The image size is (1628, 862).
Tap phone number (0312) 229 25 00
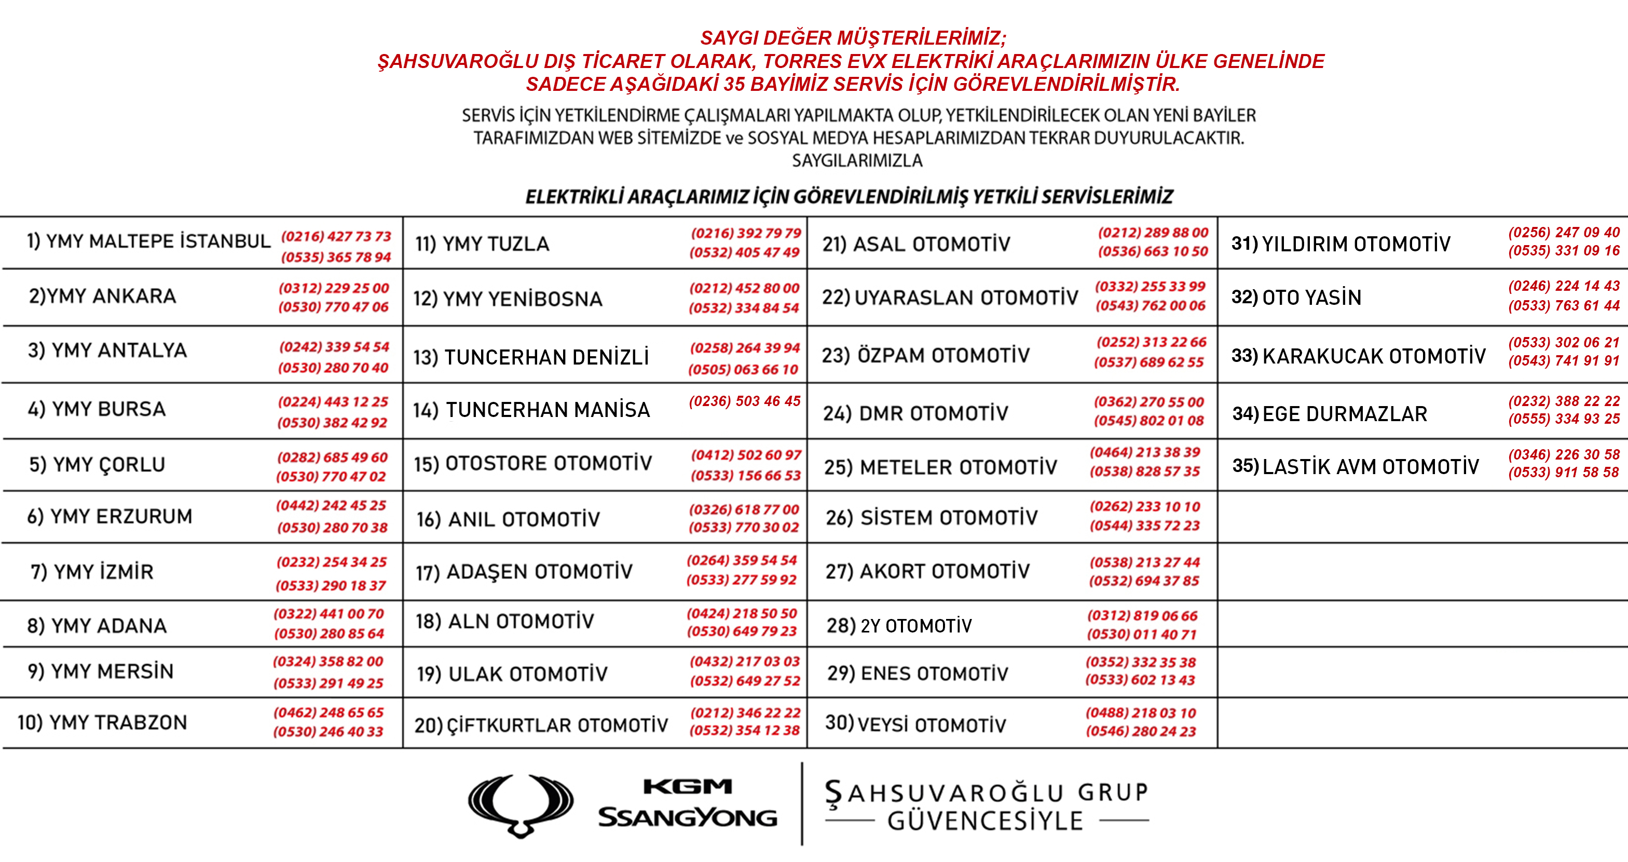(334, 288)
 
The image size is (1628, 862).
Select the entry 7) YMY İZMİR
(92, 572)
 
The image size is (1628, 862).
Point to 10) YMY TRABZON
(102, 722)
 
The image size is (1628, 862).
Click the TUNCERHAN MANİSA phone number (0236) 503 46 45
(745, 401)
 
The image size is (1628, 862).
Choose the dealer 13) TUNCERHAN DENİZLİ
(531, 357)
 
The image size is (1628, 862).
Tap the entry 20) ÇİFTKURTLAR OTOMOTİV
(541, 725)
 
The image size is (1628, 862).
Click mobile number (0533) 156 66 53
(746, 475)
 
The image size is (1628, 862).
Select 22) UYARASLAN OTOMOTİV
(950, 297)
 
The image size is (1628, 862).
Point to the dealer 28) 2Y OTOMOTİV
(899, 626)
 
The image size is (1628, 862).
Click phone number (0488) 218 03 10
(1141, 713)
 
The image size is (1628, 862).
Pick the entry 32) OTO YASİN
(1296, 297)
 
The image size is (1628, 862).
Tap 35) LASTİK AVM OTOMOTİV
(1356, 467)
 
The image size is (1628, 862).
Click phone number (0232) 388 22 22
(1564, 401)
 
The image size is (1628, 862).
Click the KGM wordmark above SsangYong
(688, 786)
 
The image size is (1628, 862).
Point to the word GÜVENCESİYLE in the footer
(986, 821)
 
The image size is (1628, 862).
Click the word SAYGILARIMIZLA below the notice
(857, 160)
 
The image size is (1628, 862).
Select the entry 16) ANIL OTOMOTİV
(508, 519)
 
